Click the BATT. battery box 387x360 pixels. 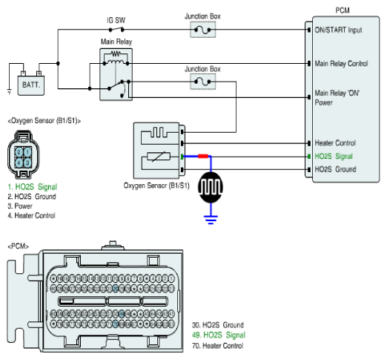pos(31,85)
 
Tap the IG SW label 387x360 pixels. pos(116,20)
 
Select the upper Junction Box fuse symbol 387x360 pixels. pos(202,30)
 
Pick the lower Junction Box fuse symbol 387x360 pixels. pos(202,82)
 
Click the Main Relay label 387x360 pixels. pos(116,42)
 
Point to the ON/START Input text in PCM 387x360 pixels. pos(338,30)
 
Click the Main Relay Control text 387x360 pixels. pos(341,64)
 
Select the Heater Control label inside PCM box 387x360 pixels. pos(335,143)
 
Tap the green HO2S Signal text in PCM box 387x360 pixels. pos(334,156)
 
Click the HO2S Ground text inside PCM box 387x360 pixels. pos(335,169)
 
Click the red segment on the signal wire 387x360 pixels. pos(203,156)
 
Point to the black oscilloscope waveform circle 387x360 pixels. pos(211,187)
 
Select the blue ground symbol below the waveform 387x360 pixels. pos(211,220)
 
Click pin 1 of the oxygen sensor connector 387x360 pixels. pos(27,152)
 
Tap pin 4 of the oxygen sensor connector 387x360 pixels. pos(19,163)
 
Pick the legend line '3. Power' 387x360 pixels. pos(20,206)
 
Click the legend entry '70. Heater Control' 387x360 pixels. pos(218,345)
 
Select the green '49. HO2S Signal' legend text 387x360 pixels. pos(219,335)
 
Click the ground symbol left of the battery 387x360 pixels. pos(10,92)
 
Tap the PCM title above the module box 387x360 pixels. pos(343,10)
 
